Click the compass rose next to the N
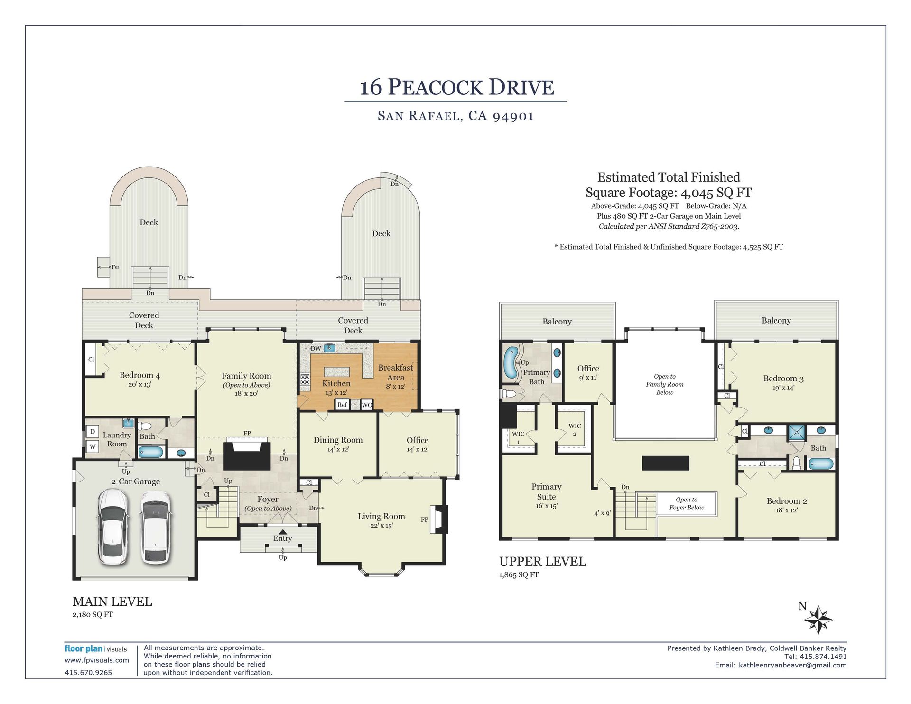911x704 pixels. point(819,620)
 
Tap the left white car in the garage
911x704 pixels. point(112,527)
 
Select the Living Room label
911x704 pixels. point(381,516)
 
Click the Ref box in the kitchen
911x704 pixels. point(342,405)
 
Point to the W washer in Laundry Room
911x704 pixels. point(93,446)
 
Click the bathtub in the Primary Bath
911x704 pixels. point(511,363)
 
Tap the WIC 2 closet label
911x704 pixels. point(575,430)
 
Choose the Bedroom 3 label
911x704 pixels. point(783,379)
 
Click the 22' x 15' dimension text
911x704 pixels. point(381,526)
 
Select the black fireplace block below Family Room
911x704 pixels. point(247,456)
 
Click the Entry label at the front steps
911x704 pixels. point(282,538)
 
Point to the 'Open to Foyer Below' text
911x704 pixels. point(687,503)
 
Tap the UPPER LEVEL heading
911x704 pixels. point(542,562)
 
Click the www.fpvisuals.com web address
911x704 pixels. point(97,660)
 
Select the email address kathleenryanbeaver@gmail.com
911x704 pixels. point(792,665)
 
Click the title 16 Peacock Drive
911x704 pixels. point(456,87)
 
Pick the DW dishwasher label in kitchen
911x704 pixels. point(316,349)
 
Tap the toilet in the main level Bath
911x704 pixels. point(144,426)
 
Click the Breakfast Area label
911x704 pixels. point(395,372)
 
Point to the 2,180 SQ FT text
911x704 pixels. point(93,615)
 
